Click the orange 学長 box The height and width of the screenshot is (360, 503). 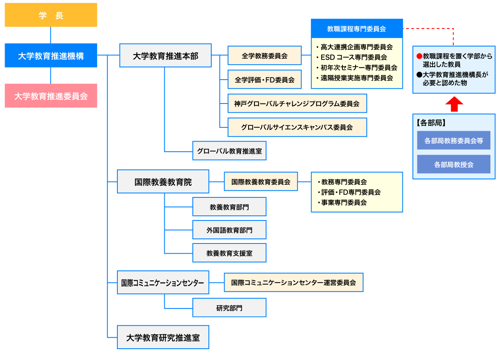tap(51, 16)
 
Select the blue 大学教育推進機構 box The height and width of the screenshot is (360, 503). tap(51, 55)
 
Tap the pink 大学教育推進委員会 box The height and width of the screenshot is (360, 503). tap(51, 96)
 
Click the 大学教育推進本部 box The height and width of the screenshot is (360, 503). tap(165, 55)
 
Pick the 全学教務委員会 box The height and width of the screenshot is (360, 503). tap(264, 55)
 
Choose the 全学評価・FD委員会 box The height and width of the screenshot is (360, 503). tap(264, 79)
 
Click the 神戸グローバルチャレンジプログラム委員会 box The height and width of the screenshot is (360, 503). tap(297, 104)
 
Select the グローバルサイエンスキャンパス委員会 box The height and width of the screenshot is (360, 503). tap(297, 127)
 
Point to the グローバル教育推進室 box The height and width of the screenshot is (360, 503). tap(229, 151)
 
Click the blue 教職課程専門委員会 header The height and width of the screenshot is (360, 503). tap(357, 28)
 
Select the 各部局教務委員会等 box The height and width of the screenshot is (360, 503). tap(454, 140)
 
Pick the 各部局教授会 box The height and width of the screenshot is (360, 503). tap(454, 164)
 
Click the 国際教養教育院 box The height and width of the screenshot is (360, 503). tap(163, 181)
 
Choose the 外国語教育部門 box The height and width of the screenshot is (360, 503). tap(229, 230)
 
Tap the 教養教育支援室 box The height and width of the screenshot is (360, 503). tap(229, 253)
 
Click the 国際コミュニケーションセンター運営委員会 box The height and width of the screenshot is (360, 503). tap(293, 282)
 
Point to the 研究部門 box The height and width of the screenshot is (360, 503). tap(229, 308)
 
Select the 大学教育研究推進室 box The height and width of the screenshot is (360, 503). tap(163, 337)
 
